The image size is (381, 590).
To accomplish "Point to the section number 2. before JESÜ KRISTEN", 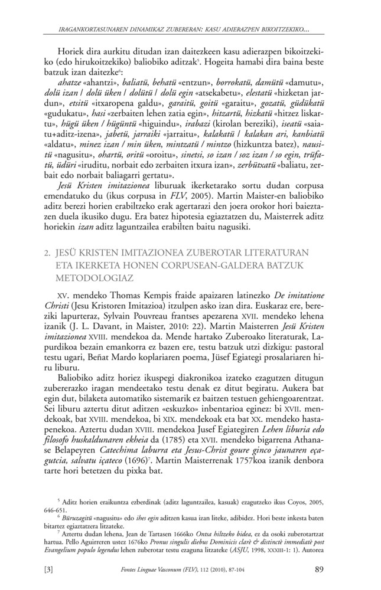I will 58,250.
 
